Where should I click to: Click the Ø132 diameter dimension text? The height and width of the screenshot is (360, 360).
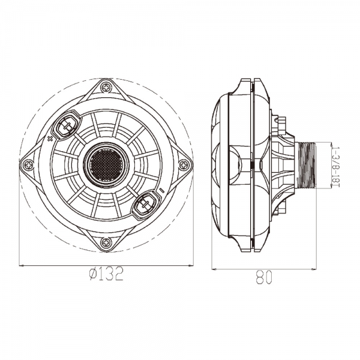pos(106,275)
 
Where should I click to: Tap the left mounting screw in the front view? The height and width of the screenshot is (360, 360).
pos(28,164)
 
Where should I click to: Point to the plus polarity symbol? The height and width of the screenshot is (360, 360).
pos(50,139)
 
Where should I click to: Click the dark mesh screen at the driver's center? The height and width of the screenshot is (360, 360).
pos(106,163)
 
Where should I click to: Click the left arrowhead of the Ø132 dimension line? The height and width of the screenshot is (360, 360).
pos(22,265)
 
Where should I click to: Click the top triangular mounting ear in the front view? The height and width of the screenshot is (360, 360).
pos(106,90)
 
